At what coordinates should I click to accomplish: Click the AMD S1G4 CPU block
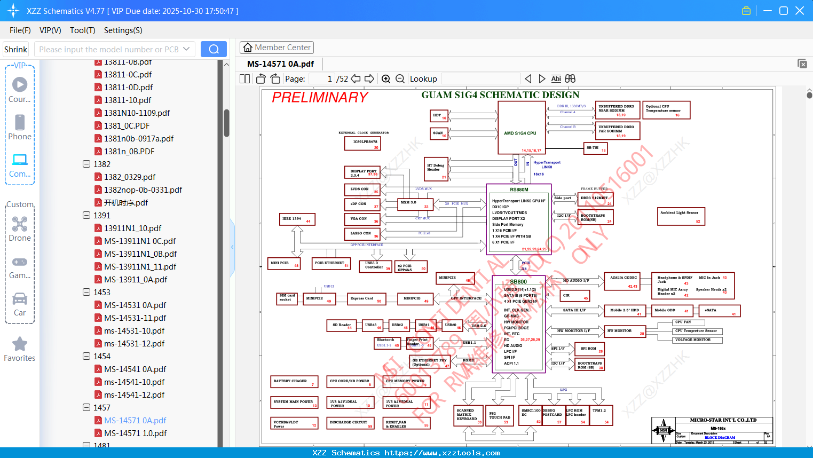click(x=520, y=128)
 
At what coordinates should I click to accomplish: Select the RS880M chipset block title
click(x=519, y=189)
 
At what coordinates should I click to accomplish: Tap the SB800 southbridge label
click(x=518, y=281)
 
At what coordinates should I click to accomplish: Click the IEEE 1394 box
click(x=297, y=219)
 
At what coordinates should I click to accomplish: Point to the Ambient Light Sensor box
click(x=681, y=216)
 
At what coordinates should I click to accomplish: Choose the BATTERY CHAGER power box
click(x=294, y=382)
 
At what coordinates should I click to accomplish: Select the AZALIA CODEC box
click(x=624, y=281)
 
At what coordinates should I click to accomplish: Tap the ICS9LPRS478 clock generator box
click(x=365, y=144)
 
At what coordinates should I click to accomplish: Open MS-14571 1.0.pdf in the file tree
click(x=135, y=433)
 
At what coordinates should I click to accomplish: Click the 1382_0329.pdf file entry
click(x=130, y=177)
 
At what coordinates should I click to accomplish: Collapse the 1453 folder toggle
click(x=86, y=292)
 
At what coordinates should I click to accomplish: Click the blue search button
click(x=214, y=49)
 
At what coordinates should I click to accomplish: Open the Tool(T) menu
click(x=83, y=30)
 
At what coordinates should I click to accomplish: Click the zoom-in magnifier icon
click(x=386, y=79)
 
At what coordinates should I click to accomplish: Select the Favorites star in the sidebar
click(x=20, y=344)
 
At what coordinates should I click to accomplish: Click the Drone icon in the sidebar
click(x=20, y=225)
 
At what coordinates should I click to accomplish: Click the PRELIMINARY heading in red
click(x=320, y=97)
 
